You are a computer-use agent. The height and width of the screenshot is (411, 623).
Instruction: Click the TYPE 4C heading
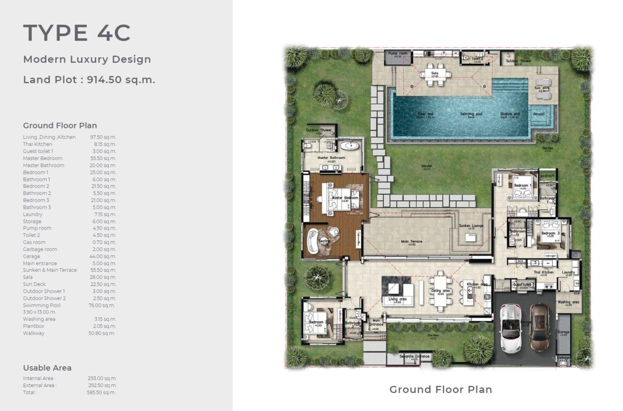click(77, 33)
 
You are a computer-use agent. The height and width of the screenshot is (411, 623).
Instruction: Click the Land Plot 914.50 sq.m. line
click(89, 80)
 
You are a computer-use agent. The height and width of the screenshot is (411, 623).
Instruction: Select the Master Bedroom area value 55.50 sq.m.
click(103, 158)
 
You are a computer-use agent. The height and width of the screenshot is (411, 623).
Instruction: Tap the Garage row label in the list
click(32, 256)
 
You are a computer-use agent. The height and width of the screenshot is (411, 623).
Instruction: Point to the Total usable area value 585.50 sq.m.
click(102, 392)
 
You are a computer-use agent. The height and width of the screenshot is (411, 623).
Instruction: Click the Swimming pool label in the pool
click(469, 114)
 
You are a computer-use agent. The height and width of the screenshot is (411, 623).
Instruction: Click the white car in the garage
click(509, 328)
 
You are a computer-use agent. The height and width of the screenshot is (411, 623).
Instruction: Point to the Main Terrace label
click(411, 241)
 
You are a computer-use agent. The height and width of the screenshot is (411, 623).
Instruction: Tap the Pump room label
click(397, 54)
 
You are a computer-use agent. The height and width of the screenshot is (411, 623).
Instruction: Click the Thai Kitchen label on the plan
click(543, 272)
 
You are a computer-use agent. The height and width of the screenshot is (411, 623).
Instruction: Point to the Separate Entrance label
click(415, 356)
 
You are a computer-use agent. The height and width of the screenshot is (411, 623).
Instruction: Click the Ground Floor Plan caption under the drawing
click(440, 390)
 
